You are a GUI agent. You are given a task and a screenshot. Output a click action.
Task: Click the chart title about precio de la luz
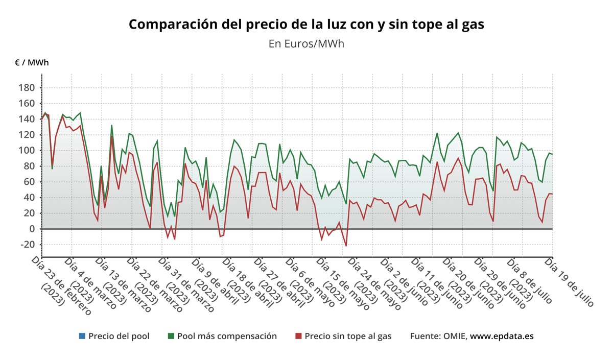[306, 25]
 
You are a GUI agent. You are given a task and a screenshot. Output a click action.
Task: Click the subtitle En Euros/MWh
[306, 44]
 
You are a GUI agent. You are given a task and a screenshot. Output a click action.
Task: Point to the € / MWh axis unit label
[32, 63]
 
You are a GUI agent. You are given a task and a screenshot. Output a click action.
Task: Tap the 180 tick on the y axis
[27, 88]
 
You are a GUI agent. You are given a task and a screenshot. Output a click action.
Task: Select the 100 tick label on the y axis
[27, 151]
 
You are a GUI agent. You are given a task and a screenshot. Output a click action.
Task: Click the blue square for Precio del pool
[82, 336]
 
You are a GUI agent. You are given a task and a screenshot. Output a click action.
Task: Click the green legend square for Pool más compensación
[171, 336]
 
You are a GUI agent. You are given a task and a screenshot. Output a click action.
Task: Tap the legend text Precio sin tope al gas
[348, 336]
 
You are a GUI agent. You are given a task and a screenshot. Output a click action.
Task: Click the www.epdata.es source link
[502, 336]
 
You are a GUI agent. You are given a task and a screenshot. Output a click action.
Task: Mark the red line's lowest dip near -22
[346, 246]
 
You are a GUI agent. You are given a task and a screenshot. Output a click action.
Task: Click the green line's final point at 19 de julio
[552, 154]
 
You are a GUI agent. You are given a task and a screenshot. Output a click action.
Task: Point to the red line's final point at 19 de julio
[552, 194]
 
